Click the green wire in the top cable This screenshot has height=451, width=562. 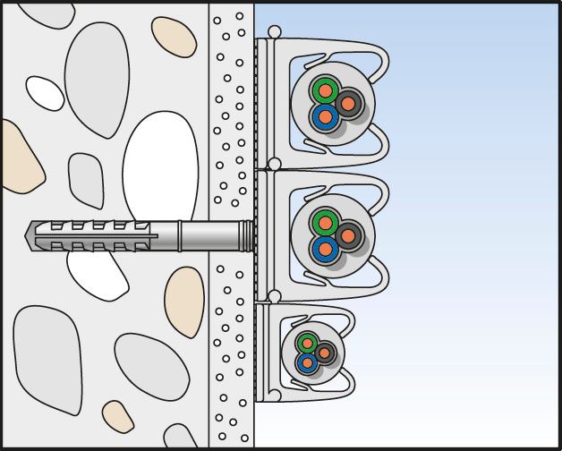(x=324, y=89)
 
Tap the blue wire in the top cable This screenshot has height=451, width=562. (x=325, y=116)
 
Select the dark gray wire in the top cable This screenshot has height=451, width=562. (x=348, y=101)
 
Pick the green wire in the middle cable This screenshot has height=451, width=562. (x=324, y=222)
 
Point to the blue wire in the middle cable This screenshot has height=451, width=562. (x=324, y=249)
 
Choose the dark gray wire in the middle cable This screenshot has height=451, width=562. (x=348, y=234)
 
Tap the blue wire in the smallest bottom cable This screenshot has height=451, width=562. (x=308, y=362)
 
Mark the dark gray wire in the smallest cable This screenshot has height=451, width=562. (x=325, y=353)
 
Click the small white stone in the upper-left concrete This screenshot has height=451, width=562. (x=44, y=92)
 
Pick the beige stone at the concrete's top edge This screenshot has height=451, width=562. (x=174, y=37)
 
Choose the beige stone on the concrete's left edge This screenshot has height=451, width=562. (x=18, y=157)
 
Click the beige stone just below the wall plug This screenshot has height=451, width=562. (x=184, y=302)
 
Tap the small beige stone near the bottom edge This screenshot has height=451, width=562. (x=117, y=417)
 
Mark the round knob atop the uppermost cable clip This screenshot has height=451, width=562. (x=275, y=33)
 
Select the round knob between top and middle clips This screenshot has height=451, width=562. (x=275, y=165)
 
